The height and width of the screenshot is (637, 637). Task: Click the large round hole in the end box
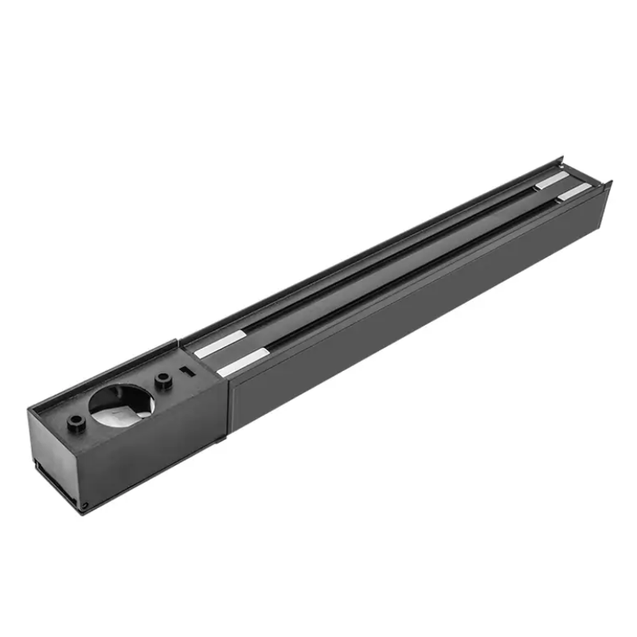(x=121, y=401)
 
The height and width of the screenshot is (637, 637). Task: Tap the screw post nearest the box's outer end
(x=77, y=423)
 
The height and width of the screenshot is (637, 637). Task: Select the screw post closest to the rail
(x=163, y=381)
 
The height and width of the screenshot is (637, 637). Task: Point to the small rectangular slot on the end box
(x=186, y=371)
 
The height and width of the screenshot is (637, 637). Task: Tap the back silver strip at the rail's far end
(x=552, y=181)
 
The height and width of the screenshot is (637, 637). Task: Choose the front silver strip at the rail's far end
(x=574, y=192)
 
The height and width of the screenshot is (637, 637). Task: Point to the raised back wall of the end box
(x=104, y=374)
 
